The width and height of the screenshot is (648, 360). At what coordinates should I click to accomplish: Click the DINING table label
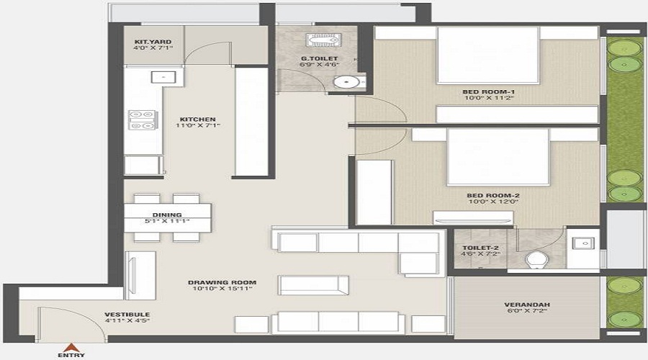(167, 215)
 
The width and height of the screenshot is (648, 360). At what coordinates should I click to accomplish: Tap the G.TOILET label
(318, 58)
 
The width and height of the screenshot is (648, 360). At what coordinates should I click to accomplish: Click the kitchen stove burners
(142, 120)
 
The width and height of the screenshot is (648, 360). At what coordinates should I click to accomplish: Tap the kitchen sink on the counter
(158, 76)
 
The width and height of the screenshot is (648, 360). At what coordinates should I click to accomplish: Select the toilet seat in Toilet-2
(536, 258)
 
